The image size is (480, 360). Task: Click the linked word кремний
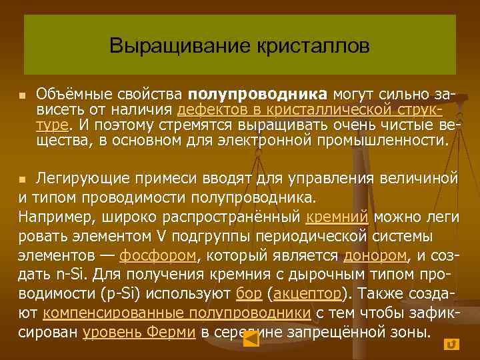[338, 217]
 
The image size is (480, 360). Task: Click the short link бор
[244, 294]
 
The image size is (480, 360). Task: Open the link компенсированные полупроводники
[176, 313]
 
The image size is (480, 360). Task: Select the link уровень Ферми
[139, 333]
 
